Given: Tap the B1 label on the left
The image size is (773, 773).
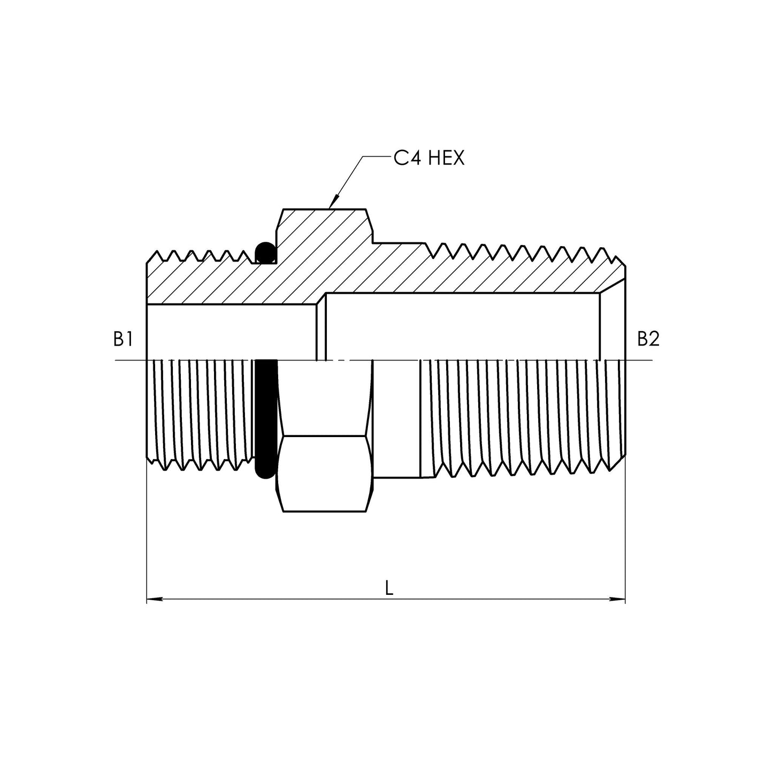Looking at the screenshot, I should click(123, 339).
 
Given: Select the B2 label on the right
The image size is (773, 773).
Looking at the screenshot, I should click(648, 339).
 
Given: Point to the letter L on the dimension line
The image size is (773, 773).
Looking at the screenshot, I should click(389, 588).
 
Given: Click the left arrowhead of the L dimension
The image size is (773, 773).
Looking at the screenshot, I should click(152, 599).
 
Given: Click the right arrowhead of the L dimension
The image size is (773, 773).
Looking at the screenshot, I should click(619, 599).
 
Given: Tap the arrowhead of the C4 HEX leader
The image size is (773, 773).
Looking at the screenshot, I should click(332, 204).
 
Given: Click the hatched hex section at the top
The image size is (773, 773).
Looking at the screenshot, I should click(324, 230).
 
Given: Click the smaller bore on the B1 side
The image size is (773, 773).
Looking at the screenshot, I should click(230, 332).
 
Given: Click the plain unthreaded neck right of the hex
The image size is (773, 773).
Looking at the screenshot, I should click(396, 417).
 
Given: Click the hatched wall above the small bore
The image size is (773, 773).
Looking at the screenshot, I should click(214, 284).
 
